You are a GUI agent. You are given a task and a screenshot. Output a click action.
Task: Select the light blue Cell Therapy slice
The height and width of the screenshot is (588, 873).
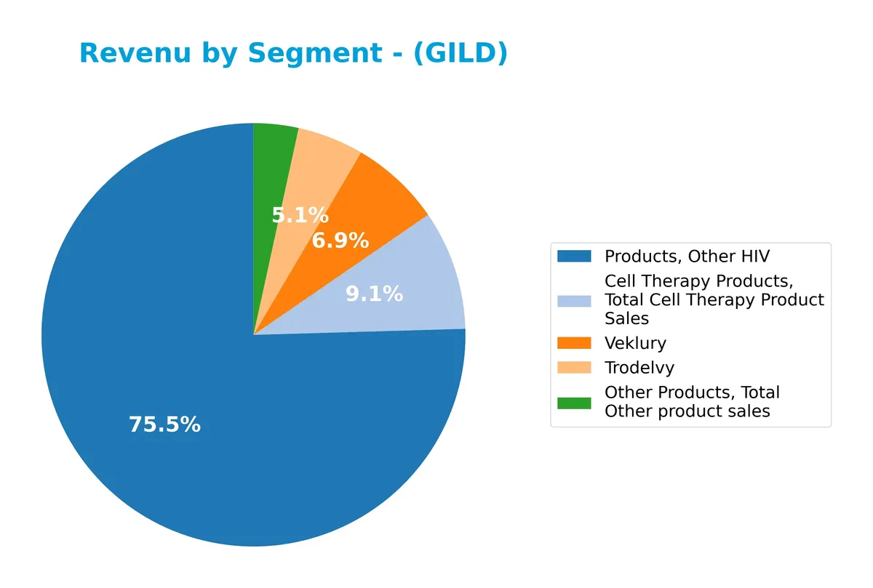pos(429,283)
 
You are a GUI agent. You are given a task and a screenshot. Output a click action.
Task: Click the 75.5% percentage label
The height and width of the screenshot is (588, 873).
pos(164,425)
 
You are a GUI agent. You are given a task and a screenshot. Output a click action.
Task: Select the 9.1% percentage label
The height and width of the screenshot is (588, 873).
pos(374,294)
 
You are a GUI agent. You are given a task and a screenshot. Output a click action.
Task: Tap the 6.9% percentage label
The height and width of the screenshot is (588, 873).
pos(340,241)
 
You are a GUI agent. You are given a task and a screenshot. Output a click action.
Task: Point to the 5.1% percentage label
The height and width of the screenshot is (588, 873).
pos(300,215)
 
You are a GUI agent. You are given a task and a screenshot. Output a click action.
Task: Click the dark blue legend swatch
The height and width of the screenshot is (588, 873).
pos(575,256)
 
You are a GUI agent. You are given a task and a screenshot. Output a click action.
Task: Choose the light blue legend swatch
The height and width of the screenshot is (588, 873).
pos(575,299)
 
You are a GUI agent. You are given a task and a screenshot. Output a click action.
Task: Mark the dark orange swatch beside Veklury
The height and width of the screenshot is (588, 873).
pos(575,343)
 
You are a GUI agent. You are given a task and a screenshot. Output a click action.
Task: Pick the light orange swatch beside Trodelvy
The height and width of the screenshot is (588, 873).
pos(575,368)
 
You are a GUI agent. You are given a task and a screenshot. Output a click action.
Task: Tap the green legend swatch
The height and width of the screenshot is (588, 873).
pos(575,402)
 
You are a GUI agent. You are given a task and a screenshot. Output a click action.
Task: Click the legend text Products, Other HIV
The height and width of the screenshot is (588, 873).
pos(687,256)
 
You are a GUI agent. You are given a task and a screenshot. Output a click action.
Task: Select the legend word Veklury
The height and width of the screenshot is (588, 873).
pos(635,343)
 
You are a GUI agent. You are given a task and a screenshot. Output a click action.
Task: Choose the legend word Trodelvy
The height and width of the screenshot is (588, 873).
pos(639,368)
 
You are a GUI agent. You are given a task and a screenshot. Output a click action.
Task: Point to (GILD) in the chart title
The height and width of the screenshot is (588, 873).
pos(460,54)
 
